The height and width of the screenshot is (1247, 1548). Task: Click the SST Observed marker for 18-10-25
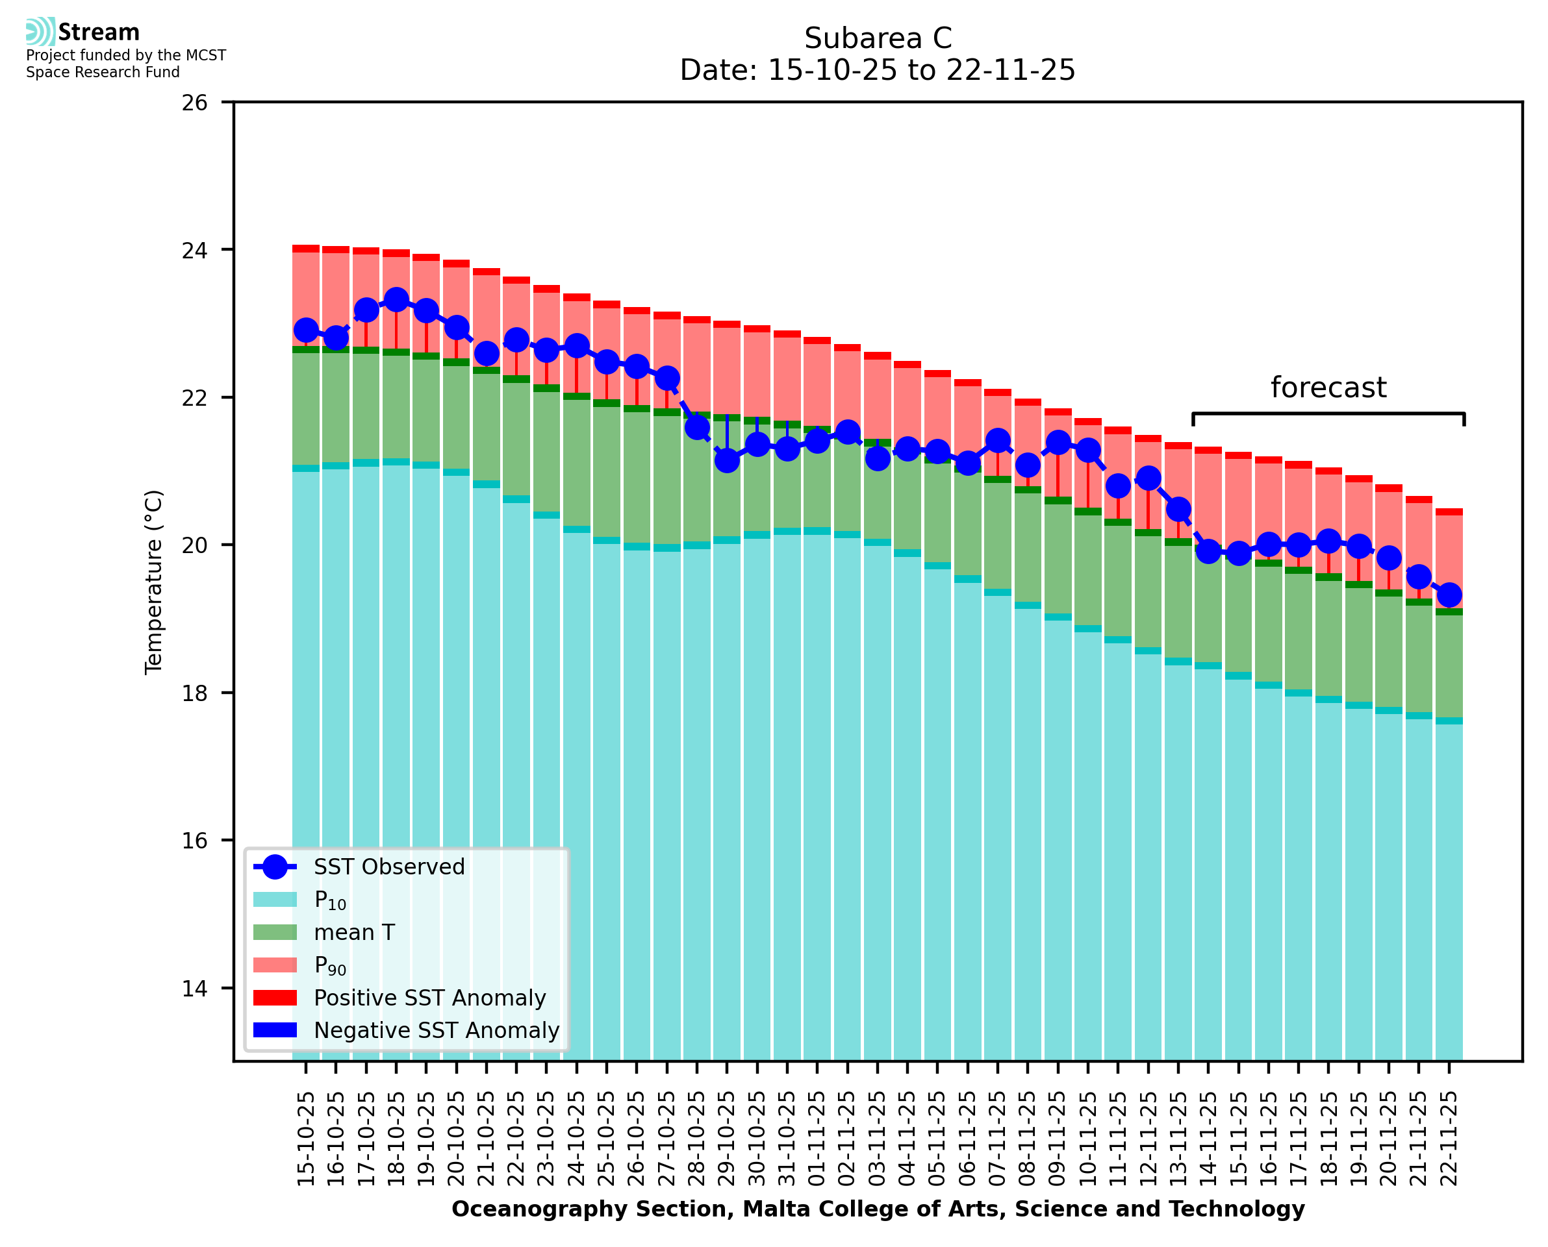(x=396, y=301)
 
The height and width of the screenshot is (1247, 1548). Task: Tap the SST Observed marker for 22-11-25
(x=1449, y=595)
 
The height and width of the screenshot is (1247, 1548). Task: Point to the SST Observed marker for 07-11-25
(x=998, y=440)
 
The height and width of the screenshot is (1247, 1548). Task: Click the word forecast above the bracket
(x=1328, y=388)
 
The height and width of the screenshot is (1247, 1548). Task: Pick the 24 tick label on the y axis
(x=194, y=251)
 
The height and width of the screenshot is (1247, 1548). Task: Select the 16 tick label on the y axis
(x=194, y=841)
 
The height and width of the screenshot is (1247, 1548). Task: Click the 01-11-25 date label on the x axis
(x=817, y=1139)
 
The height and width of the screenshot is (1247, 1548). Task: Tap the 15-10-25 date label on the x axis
(x=306, y=1139)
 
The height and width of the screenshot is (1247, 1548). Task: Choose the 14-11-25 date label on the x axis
(x=1208, y=1139)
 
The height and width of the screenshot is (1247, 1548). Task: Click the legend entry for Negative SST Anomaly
(x=437, y=1030)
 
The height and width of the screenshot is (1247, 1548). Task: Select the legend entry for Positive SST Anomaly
(x=430, y=998)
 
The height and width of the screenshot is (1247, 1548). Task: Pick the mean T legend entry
(x=354, y=932)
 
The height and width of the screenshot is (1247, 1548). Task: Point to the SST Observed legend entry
(x=389, y=867)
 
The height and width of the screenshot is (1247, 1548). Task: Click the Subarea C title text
(x=878, y=38)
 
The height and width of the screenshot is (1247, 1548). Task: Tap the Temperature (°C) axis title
(x=154, y=582)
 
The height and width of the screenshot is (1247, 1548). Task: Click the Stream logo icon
(x=40, y=32)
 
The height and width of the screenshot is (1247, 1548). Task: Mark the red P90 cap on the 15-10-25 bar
(x=306, y=249)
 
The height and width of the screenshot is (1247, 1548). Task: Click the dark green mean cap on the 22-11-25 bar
(x=1449, y=612)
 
